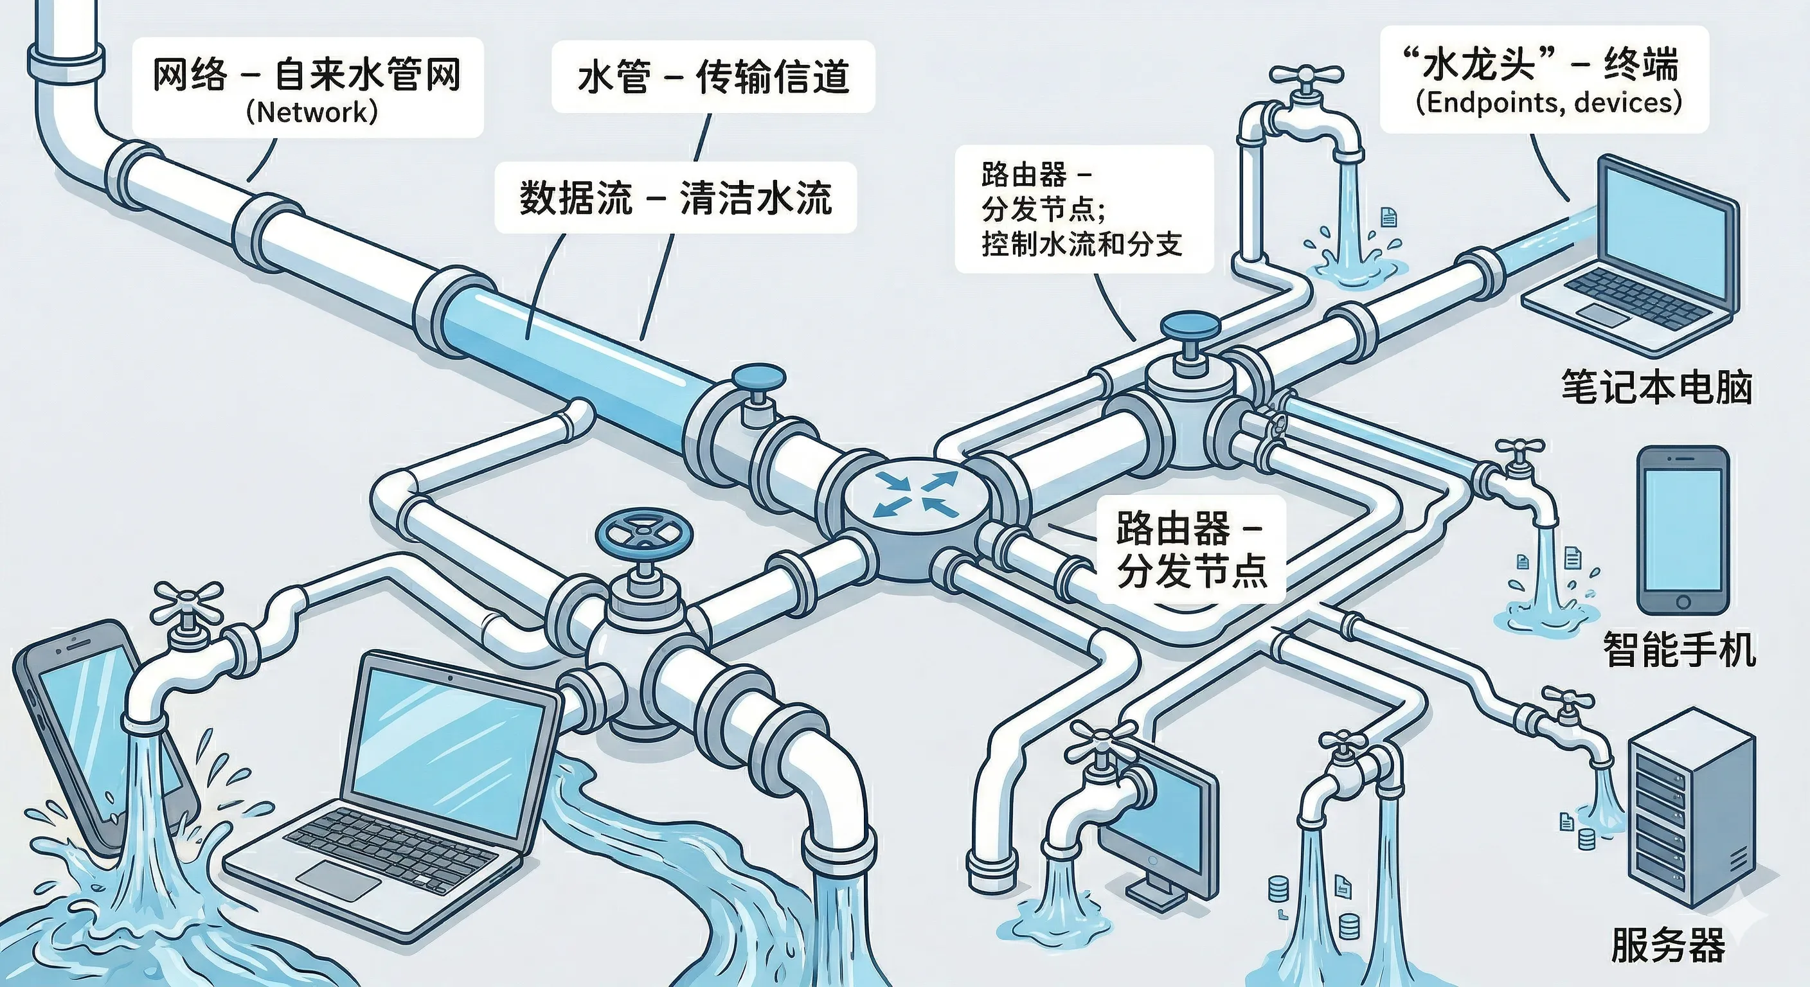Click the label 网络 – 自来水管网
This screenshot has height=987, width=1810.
[x=307, y=75]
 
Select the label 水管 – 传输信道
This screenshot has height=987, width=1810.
[x=713, y=77]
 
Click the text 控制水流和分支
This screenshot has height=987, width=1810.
[x=1081, y=244]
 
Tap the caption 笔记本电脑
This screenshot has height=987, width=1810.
[x=1656, y=386]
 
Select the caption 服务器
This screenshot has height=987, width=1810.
[x=1667, y=945]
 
